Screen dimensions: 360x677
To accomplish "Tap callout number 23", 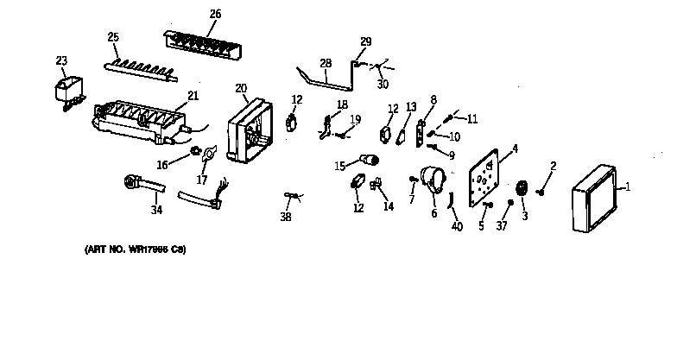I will click(61, 60).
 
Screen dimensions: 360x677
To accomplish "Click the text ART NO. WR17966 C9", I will click(136, 249).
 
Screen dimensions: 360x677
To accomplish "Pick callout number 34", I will click(155, 210).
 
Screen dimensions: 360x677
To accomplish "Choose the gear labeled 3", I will click(522, 188).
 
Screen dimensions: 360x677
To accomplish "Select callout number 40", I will click(458, 226).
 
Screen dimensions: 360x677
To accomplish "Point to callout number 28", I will click(326, 63).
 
